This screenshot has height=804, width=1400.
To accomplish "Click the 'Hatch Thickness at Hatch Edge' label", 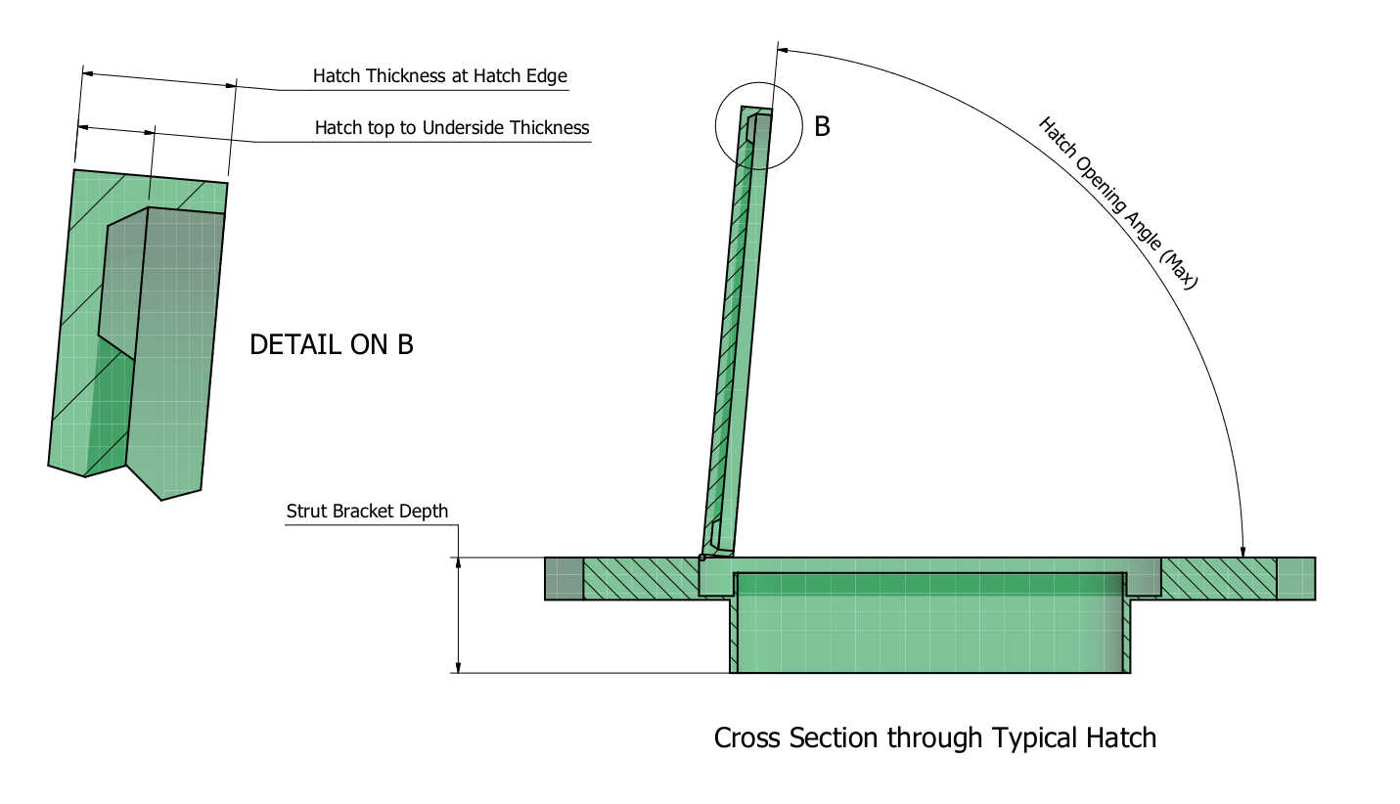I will click(x=439, y=75).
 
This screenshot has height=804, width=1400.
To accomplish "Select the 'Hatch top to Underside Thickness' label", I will click(x=451, y=127).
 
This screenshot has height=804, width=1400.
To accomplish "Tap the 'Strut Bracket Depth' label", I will click(x=367, y=511).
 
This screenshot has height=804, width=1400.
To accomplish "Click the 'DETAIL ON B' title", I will click(x=332, y=344).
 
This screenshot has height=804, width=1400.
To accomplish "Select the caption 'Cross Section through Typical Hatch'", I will click(x=934, y=737).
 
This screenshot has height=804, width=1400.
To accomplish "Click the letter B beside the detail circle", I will click(x=822, y=126).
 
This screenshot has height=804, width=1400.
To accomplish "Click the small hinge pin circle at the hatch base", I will click(x=701, y=558).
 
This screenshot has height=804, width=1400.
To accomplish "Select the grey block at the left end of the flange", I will click(x=564, y=578).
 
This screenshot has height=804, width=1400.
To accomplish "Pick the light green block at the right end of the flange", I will click(x=1295, y=578).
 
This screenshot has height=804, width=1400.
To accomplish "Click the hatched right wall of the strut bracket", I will click(x=1126, y=636).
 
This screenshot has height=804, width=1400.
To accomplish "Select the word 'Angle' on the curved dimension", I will click(x=1134, y=220).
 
